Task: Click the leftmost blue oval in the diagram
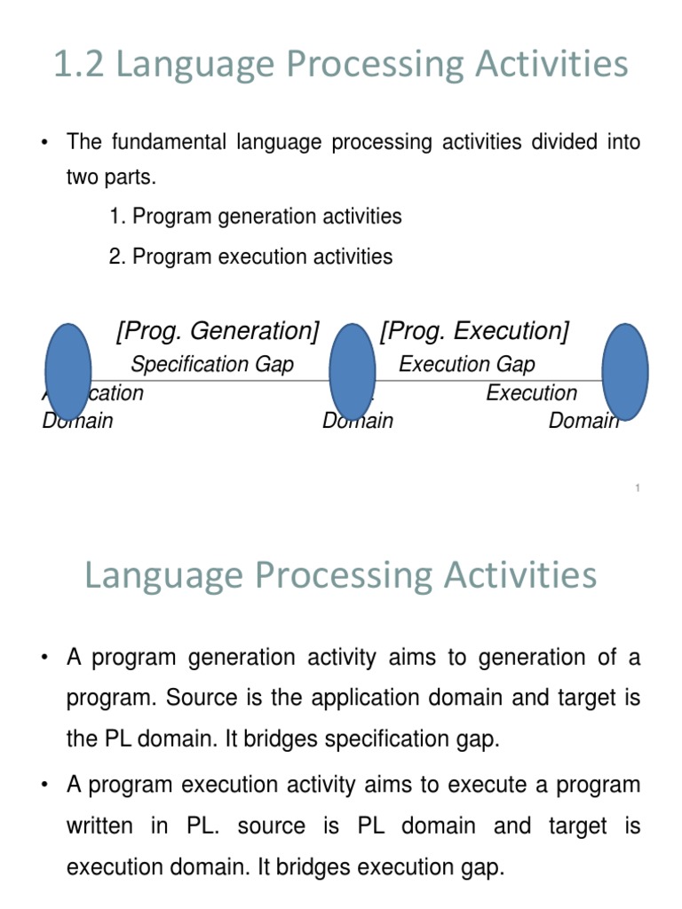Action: pos(67,371)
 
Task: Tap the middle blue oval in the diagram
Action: pos(352,371)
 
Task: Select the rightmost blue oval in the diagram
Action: pos(625,371)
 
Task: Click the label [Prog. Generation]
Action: pos(218,331)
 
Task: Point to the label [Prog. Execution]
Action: pos(474,331)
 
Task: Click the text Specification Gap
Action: pos(212,364)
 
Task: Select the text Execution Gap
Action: pos(467,364)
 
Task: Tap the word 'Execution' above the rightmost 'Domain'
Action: pos(531,393)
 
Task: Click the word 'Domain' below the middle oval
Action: pos(357,420)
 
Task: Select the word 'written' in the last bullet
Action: pos(101,826)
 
